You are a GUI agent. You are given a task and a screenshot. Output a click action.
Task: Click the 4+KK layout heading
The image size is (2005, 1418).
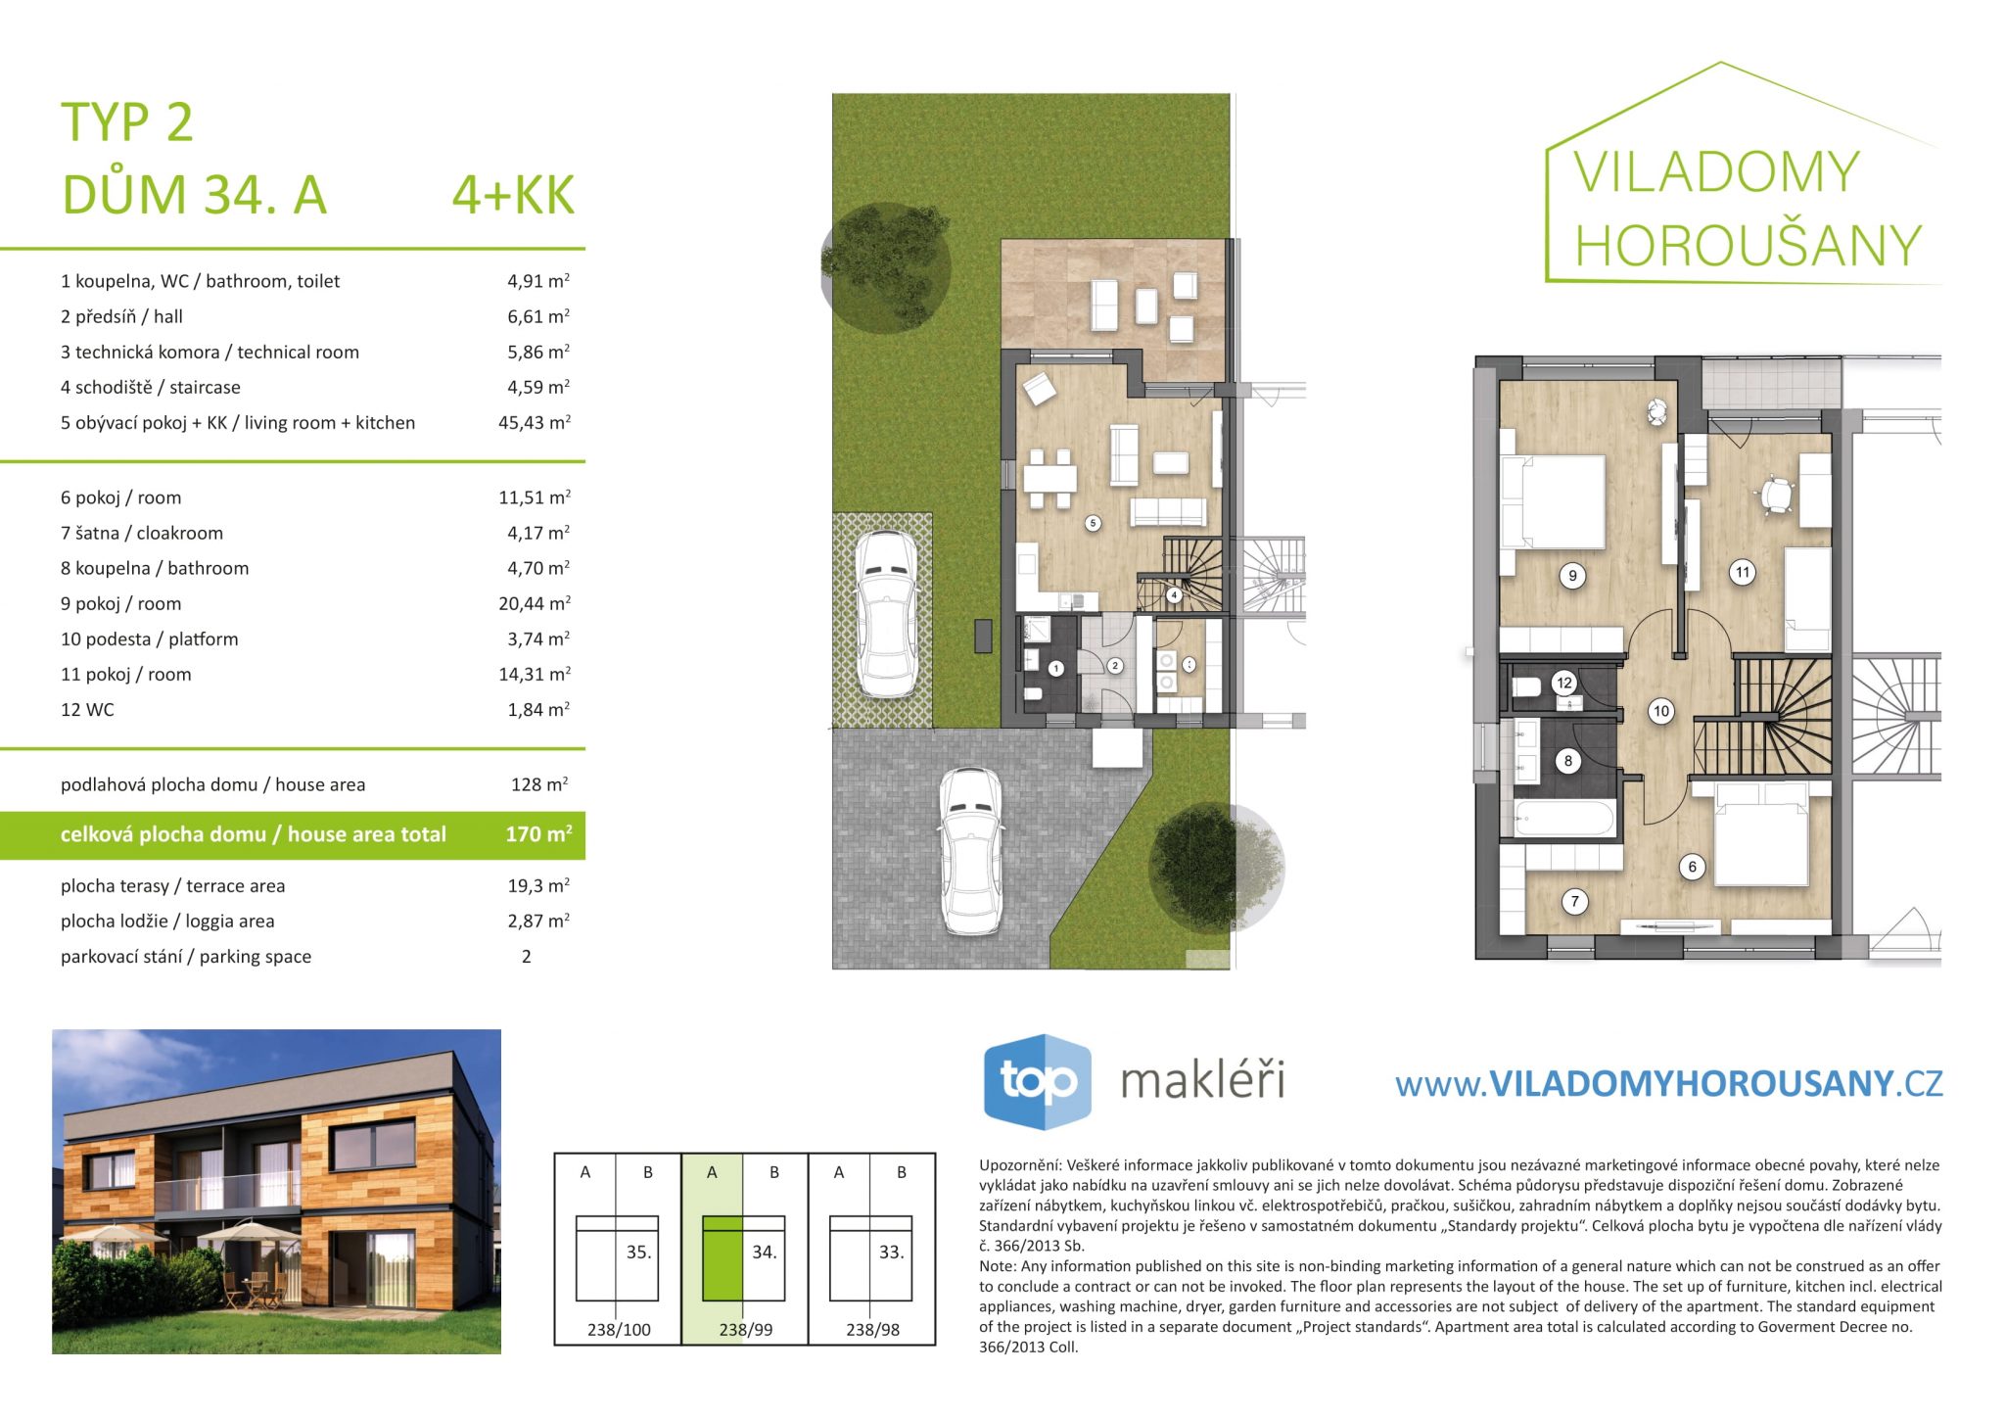pyautogui.click(x=513, y=195)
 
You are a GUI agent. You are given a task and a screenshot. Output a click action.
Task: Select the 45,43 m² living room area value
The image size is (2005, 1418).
pyautogui.click(x=535, y=422)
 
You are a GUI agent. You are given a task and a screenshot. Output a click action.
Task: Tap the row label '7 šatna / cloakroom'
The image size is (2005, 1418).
pyautogui.click(x=142, y=533)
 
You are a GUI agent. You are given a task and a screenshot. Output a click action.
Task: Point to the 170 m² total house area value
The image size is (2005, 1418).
pyautogui.click(x=538, y=834)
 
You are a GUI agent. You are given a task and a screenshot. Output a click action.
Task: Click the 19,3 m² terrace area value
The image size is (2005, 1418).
pyautogui.click(x=538, y=885)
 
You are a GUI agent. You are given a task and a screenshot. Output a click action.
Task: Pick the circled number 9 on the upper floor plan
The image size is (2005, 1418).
pyautogui.click(x=1572, y=576)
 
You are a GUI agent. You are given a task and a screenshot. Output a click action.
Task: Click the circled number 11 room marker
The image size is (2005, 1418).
pyautogui.click(x=1742, y=573)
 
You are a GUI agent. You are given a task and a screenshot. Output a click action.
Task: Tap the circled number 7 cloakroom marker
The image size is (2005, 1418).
pyautogui.click(x=1574, y=902)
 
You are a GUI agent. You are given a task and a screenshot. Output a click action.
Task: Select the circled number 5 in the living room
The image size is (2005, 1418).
pyautogui.click(x=1094, y=523)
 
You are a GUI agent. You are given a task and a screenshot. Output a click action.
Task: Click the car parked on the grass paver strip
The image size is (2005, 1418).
pyautogui.click(x=886, y=614)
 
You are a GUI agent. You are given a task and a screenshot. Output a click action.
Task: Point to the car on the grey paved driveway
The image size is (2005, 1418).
pyautogui.click(x=970, y=851)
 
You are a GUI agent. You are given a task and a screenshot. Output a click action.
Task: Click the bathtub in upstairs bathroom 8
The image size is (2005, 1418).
pyautogui.click(x=1563, y=819)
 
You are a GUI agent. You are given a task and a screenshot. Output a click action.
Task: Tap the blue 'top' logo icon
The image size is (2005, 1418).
pyautogui.click(x=1037, y=1081)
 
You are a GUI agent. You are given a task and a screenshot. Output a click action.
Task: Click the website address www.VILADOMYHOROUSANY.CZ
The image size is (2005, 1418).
pyautogui.click(x=1668, y=1083)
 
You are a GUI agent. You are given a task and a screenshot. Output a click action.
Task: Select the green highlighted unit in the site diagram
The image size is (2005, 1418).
pyautogui.click(x=723, y=1258)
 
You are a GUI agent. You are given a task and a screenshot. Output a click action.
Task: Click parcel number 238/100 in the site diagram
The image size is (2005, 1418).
pyautogui.click(x=619, y=1330)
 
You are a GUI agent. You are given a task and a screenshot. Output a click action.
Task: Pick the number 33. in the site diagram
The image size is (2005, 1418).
pyautogui.click(x=891, y=1252)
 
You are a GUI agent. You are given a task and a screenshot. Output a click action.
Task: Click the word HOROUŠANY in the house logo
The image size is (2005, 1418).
pyautogui.click(x=1749, y=245)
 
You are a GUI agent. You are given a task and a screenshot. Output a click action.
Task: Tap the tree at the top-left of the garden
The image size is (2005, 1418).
pyautogui.click(x=886, y=266)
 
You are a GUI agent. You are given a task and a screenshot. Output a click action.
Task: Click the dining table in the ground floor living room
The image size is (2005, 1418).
pyautogui.click(x=1049, y=480)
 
